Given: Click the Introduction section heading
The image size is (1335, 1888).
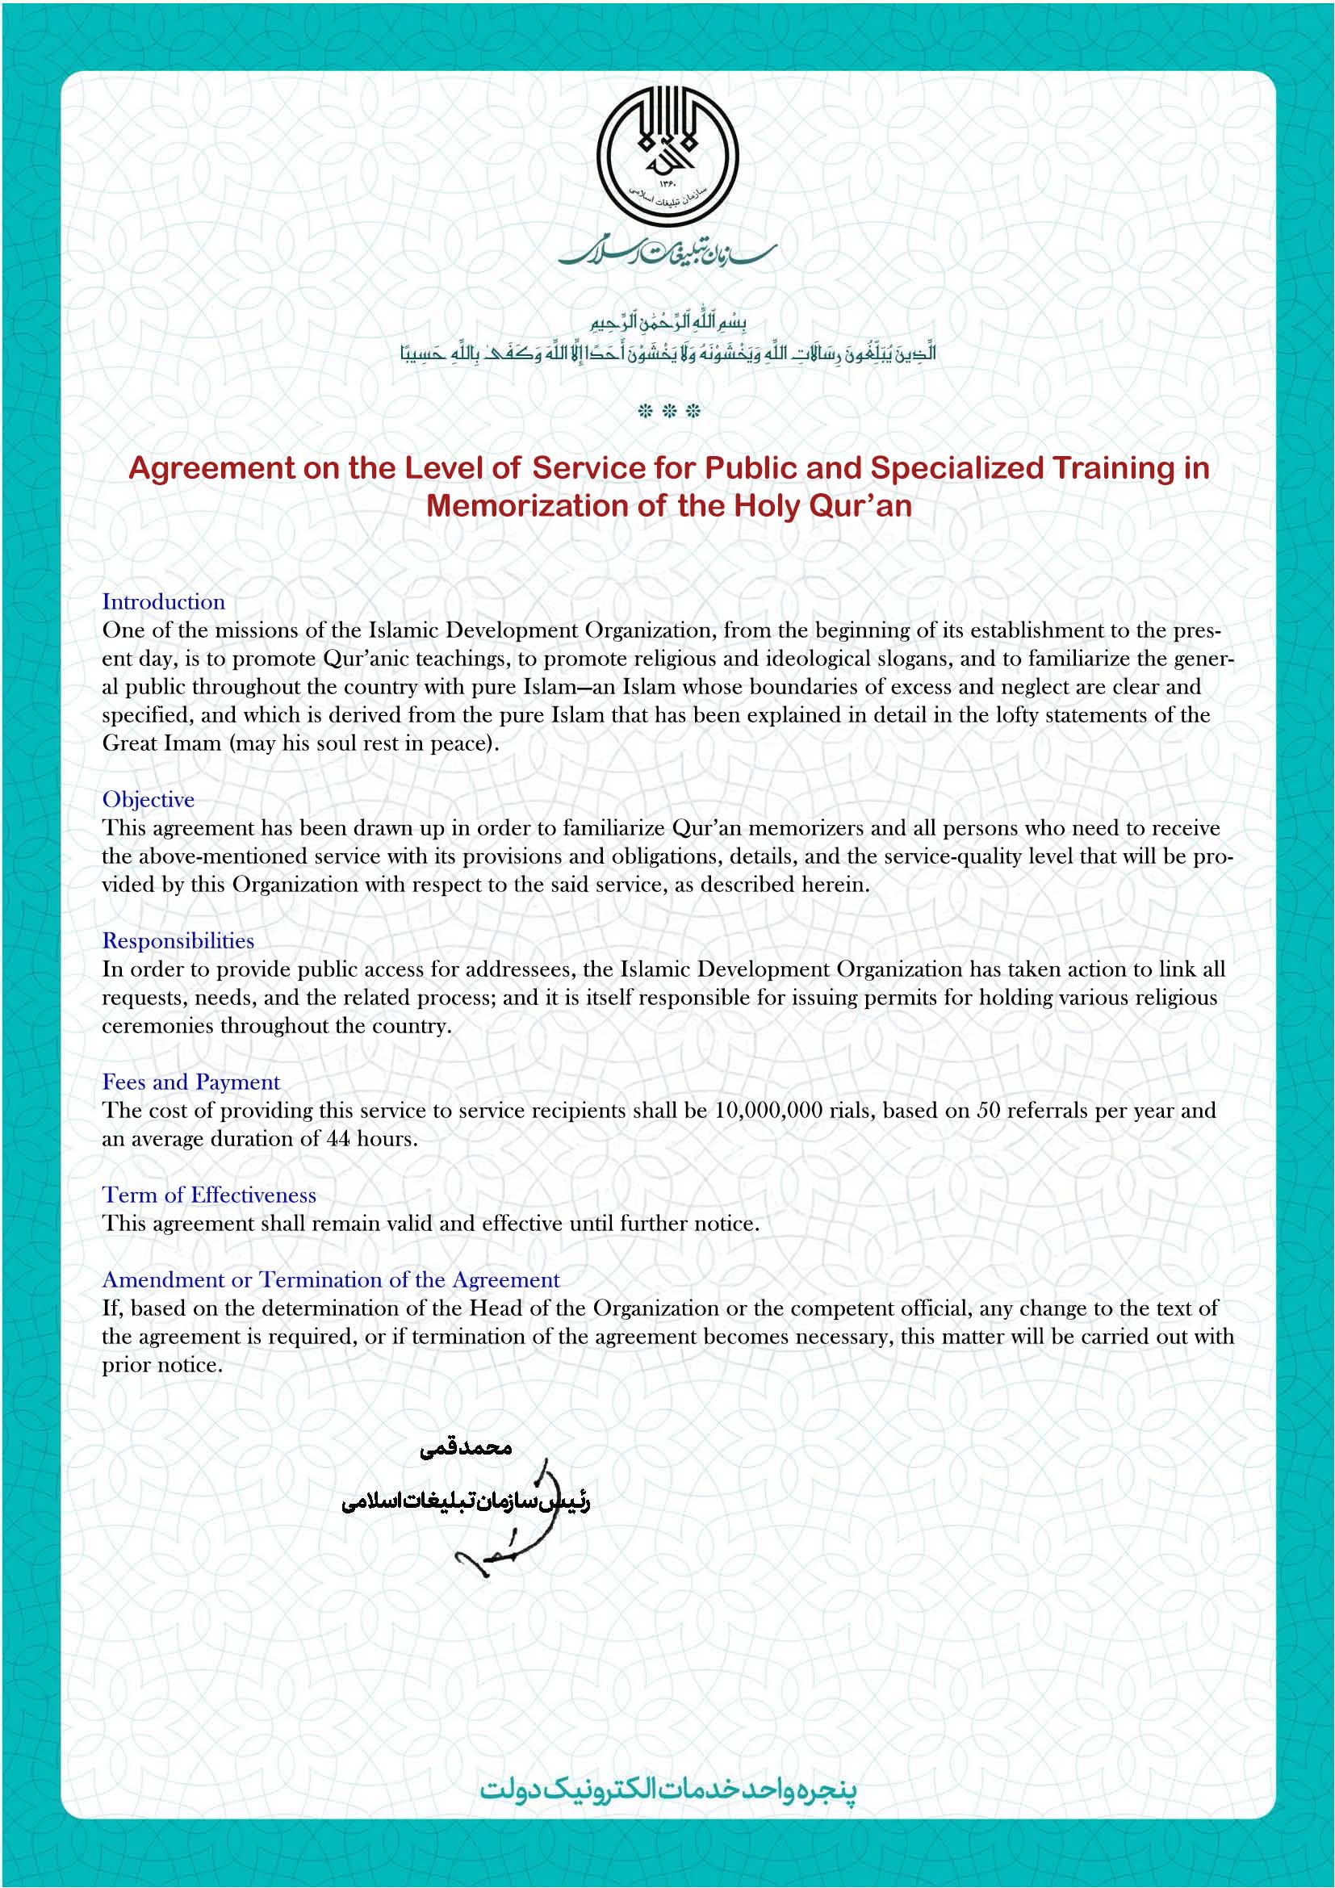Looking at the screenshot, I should coord(164,602).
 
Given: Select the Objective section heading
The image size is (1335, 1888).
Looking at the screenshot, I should coord(148,799).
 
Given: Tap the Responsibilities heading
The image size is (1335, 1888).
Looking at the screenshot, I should coord(178,940).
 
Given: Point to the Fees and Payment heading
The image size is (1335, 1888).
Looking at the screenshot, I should coord(190,1082).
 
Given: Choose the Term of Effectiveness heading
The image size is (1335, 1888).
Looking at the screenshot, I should coord(209,1195).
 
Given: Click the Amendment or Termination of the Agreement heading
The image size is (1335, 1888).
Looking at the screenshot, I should coord(330,1279).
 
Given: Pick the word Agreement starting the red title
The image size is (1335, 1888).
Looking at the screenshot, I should coord(211,469).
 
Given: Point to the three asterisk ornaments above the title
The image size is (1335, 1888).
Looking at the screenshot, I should coord(668,411).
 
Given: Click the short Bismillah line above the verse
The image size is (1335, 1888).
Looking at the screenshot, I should coord(667,321).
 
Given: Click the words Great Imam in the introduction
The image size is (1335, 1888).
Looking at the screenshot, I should coord(162,743).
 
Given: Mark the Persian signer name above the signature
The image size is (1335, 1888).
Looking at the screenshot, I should coord(466,1448).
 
